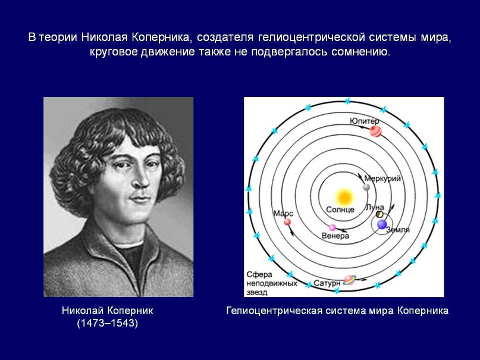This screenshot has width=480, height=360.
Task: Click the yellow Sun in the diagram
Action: click(344, 197)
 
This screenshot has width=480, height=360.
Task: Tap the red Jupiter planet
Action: click(375, 131)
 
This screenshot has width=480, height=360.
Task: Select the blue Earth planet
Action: click(382, 224)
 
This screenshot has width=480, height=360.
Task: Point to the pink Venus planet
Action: click(332, 227)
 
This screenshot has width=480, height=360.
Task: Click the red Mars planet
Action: click(287, 222)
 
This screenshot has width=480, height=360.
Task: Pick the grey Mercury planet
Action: click(366, 187)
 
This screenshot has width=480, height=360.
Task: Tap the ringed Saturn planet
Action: click(349, 280)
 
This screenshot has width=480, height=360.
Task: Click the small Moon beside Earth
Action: click(379, 214)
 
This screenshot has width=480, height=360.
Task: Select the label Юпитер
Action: click(364, 121)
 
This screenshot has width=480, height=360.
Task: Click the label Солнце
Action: click(340, 209)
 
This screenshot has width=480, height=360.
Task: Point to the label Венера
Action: click(335, 236)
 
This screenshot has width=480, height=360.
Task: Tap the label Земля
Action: click(398, 230)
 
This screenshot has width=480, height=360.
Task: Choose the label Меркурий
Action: click(382, 179)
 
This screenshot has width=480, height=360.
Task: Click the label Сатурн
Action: click(327, 283)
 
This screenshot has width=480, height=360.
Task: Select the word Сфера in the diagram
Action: click(259, 274)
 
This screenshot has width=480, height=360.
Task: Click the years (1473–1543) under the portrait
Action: click(108, 323)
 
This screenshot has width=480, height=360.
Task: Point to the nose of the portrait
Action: click(142, 179)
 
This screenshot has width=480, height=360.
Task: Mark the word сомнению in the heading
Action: click(361, 51)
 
